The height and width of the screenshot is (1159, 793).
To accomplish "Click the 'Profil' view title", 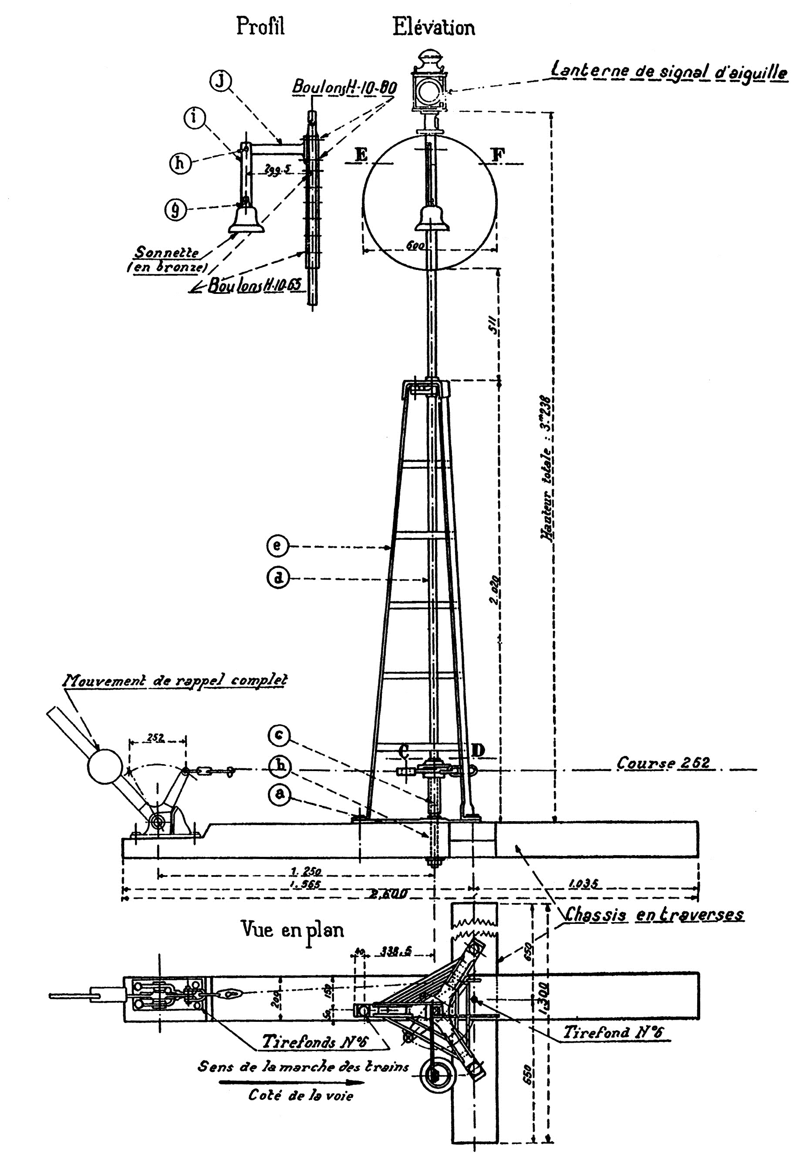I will click(260, 27).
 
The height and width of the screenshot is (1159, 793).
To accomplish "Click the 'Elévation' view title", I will click(433, 27).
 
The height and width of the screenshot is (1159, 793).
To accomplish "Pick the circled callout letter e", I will click(278, 546).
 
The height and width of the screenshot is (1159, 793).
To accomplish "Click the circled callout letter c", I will click(280, 735).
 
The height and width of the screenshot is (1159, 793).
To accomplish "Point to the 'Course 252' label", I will click(663, 763).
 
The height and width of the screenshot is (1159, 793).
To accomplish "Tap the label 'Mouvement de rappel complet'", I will click(175, 680).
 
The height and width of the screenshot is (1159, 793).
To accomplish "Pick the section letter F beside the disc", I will click(497, 155).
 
